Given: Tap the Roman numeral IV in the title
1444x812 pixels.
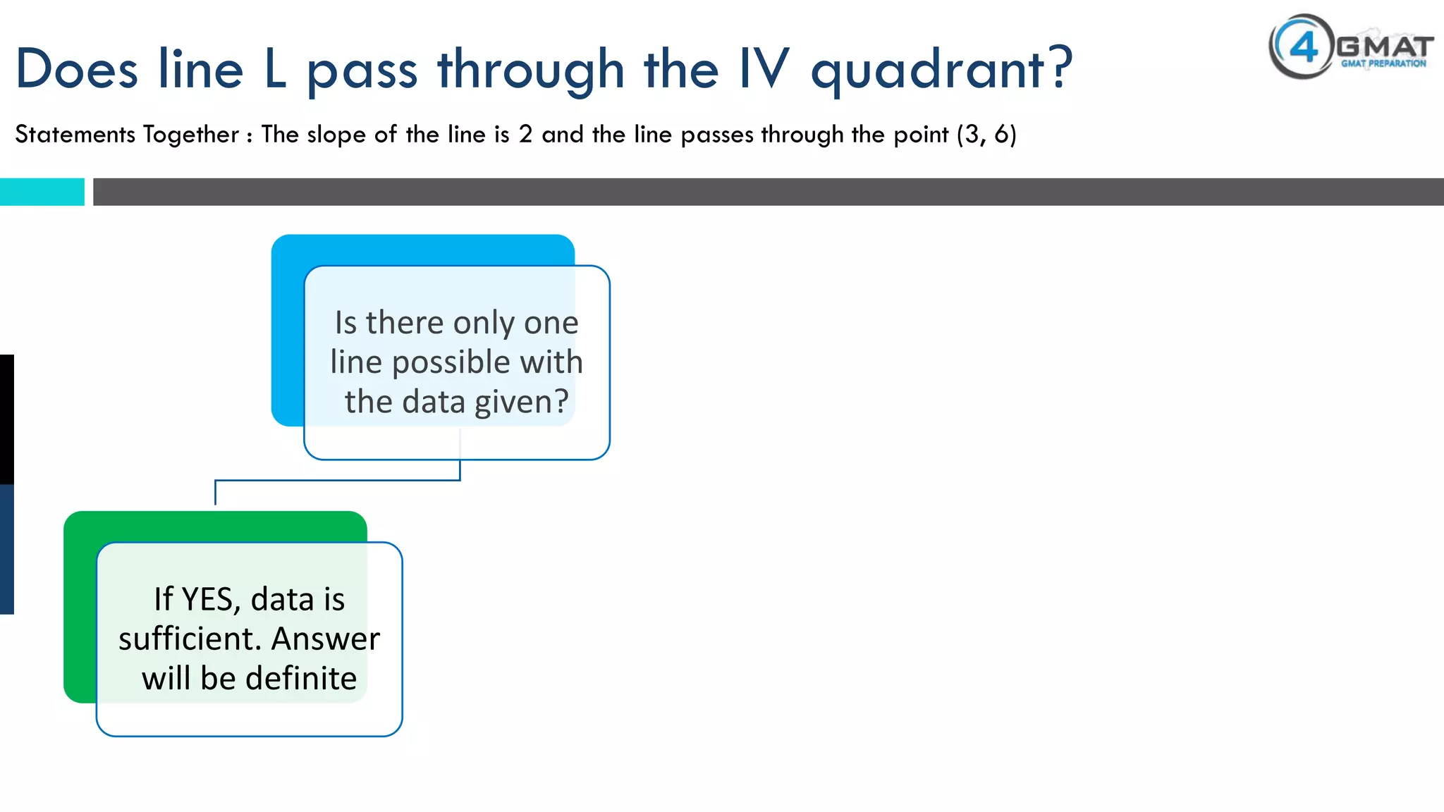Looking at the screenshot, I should point(764,69).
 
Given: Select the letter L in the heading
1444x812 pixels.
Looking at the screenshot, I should point(276,69).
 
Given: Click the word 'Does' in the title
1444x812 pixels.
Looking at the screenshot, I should point(76,69).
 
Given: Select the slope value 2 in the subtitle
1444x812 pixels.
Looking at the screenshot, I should point(525,134).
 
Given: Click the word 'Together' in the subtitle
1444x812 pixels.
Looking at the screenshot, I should point(191,134).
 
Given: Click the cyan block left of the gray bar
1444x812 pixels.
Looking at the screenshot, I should point(42,192).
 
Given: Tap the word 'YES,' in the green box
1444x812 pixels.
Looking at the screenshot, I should point(211,599).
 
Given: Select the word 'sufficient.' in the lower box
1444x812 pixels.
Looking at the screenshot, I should point(190,639).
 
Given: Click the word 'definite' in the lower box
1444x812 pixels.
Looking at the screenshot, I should point(301,678).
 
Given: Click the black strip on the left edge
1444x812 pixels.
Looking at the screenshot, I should point(6,419).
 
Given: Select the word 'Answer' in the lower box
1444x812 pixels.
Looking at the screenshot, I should point(325,639).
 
